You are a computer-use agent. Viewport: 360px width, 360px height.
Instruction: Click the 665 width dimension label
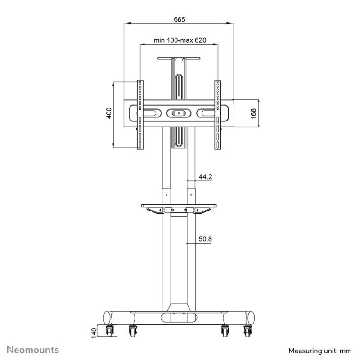(x=179, y=19)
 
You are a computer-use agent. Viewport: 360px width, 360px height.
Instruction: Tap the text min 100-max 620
(x=180, y=40)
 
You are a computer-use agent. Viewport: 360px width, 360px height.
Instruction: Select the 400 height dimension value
(x=109, y=113)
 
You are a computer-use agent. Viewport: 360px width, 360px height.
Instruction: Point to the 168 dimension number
(x=253, y=114)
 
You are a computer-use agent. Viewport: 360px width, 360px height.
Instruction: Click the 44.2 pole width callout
(x=206, y=177)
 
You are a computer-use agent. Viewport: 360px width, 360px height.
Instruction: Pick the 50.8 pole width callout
(x=205, y=239)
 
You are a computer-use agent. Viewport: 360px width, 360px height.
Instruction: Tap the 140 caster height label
(x=94, y=333)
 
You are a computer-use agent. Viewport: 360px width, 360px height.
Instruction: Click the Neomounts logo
(x=33, y=350)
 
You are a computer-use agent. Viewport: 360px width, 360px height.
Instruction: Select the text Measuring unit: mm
(x=320, y=351)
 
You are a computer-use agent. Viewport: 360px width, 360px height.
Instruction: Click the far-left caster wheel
(x=109, y=331)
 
